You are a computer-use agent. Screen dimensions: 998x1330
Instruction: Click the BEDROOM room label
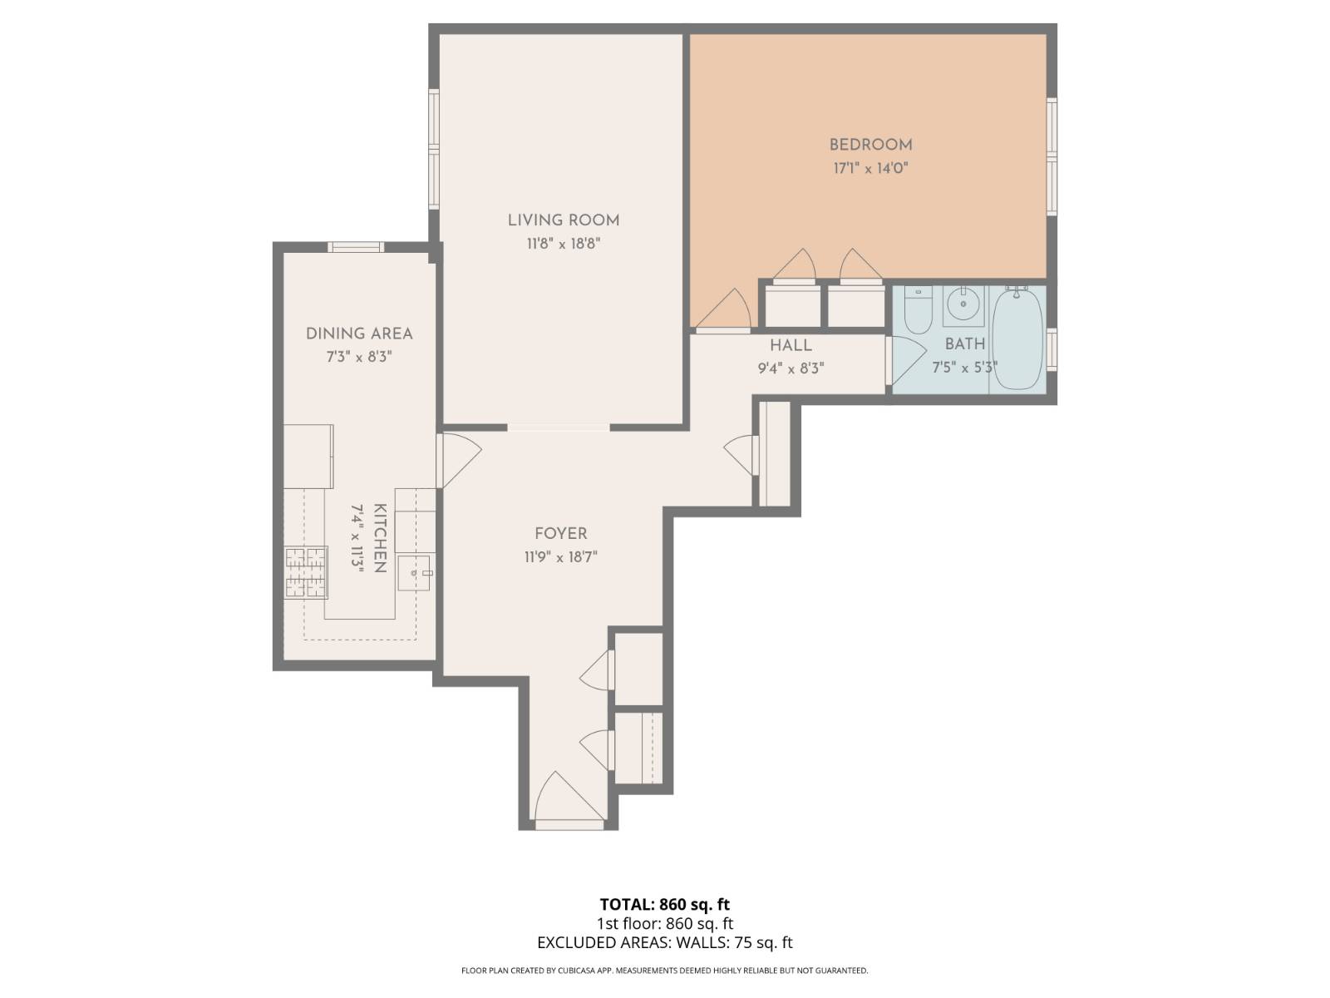(x=870, y=145)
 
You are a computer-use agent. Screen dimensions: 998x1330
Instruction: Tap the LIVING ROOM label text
(x=564, y=220)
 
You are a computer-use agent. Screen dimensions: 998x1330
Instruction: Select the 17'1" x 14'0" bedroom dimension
(x=870, y=168)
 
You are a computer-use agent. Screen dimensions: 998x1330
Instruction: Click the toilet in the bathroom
(x=918, y=308)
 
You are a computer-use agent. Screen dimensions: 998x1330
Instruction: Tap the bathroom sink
(x=963, y=304)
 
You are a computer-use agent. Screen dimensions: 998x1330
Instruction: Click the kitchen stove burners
(x=306, y=573)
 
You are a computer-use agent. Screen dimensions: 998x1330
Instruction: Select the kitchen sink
(x=414, y=573)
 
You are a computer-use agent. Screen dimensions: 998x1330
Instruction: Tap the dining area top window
(x=356, y=246)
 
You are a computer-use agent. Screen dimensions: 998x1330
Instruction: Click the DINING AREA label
(x=359, y=333)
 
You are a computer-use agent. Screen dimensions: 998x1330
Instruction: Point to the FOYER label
(x=561, y=534)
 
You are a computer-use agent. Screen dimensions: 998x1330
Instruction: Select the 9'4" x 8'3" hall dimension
(x=791, y=368)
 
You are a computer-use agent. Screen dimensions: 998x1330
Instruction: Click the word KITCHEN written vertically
(x=380, y=538)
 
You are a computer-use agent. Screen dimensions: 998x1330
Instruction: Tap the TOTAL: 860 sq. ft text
(x=665, y=904)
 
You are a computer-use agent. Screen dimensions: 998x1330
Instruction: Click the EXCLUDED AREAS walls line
(x=665, y=942)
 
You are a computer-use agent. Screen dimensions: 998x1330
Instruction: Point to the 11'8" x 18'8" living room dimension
(x=564, y=244)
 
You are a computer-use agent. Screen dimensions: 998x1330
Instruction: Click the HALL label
(x=791, y=345)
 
